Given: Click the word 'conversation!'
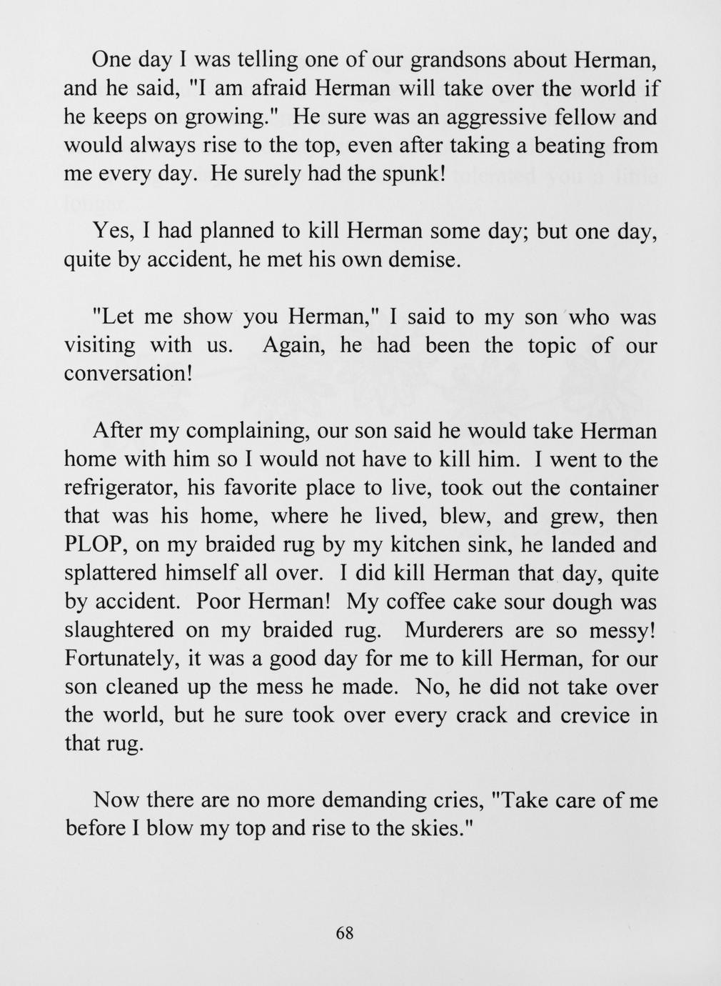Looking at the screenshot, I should pos(128,374).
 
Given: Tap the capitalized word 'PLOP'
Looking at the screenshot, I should pos(95,545).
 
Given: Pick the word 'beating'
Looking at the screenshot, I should pos(568,146).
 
